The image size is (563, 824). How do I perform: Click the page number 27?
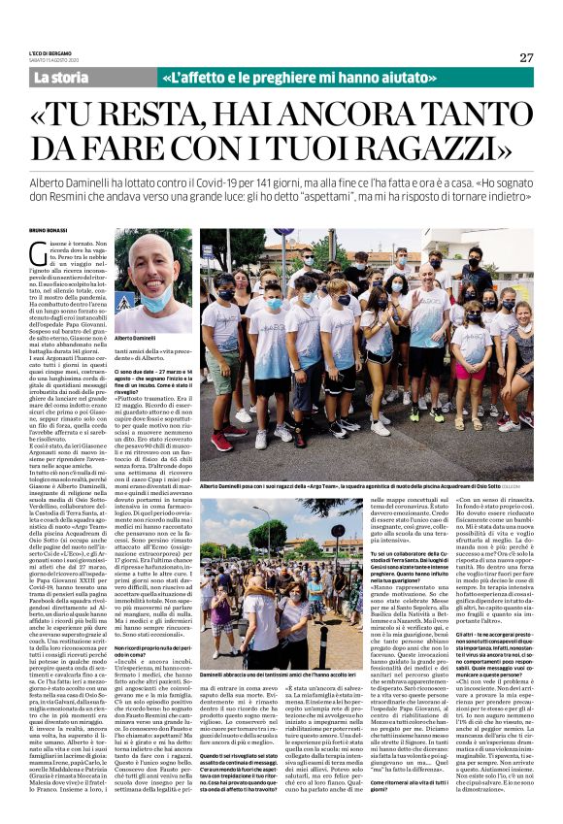(526, 56)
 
